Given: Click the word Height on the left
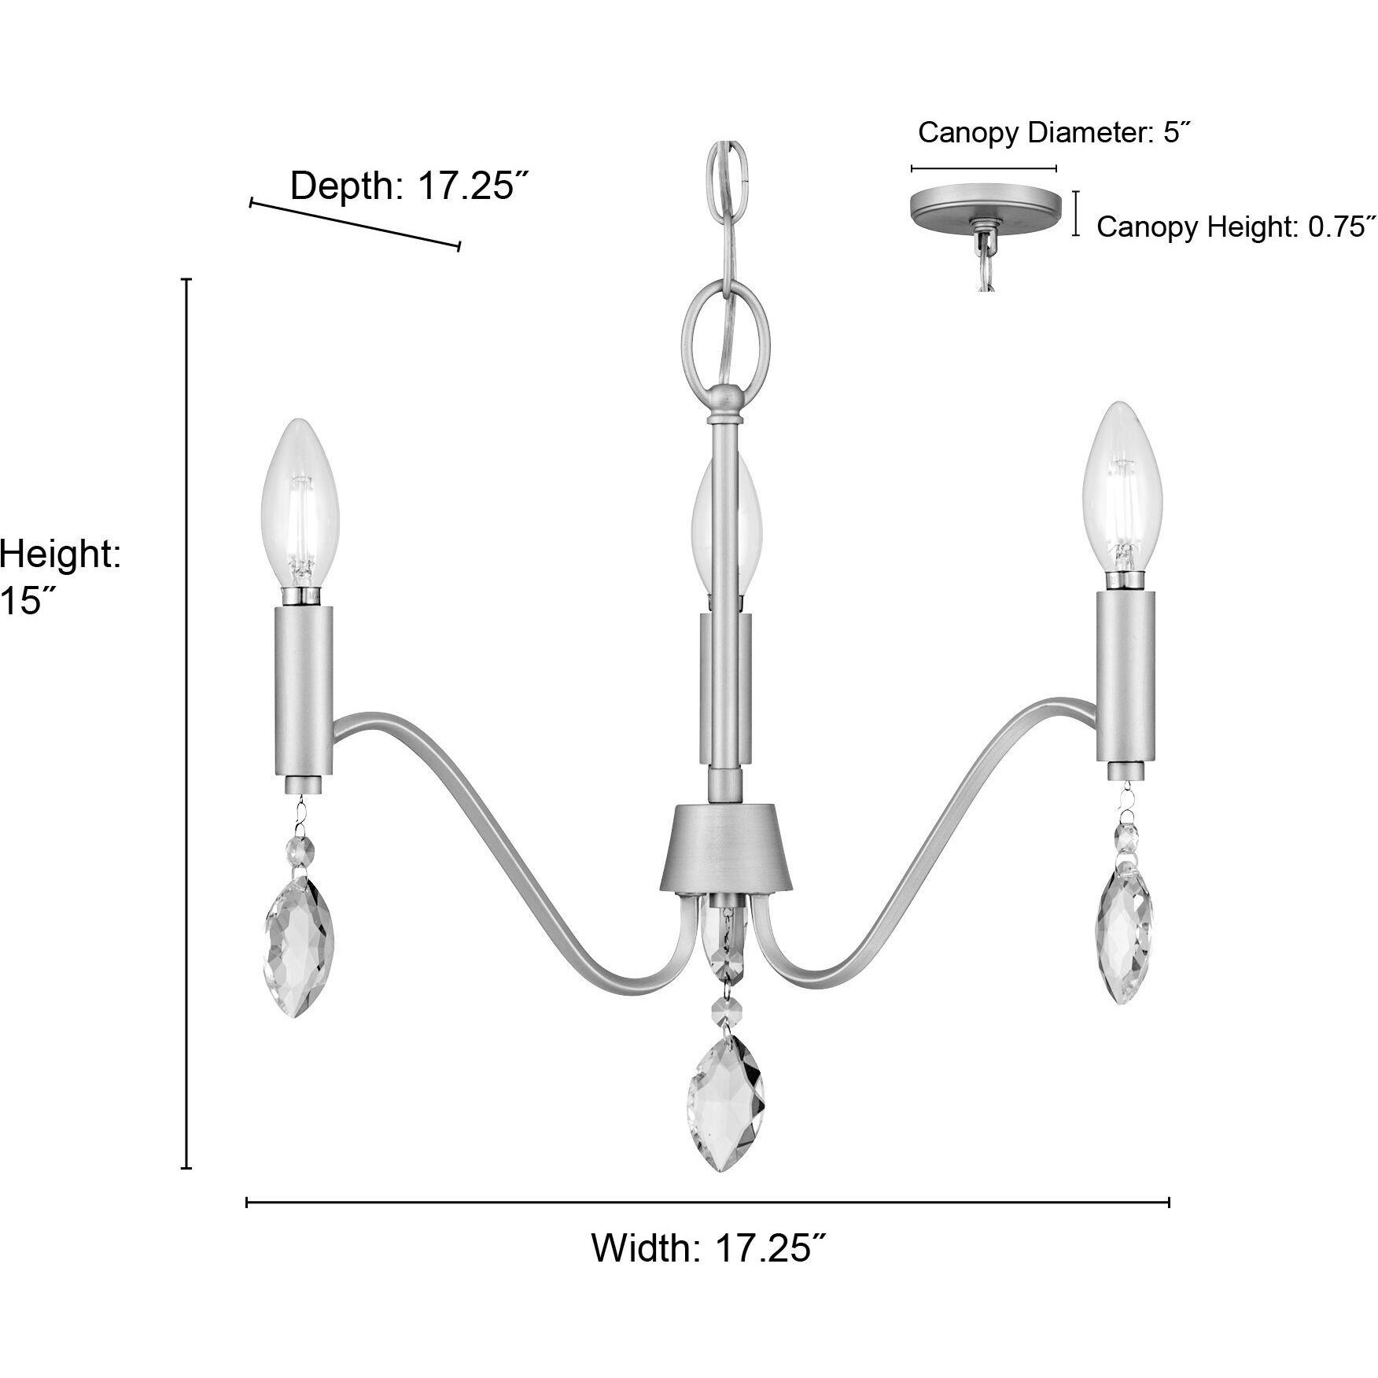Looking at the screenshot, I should (x=60, y=554).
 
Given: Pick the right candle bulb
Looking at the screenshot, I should (x=1122, y=488).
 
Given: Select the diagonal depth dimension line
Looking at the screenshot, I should (x=355, y=225).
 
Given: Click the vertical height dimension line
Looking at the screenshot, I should (x=186, y=724).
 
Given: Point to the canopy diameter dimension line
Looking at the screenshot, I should (x=983, y=168).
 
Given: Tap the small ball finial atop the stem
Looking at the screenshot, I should (x=724, y=401).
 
